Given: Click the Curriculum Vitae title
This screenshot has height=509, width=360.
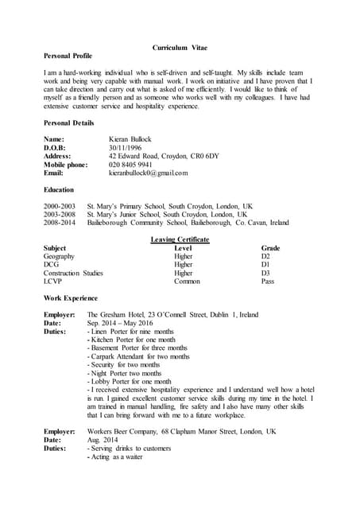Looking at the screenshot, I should (x=180, y=48).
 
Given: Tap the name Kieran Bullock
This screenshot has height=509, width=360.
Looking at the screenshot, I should (x=130, y=139).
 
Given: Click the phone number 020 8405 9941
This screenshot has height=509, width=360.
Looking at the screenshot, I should (x=130, y=165).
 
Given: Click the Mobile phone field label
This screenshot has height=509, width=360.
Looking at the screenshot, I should (x=65, y=165).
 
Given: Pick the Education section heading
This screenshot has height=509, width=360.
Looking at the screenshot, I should (x=59, y=190).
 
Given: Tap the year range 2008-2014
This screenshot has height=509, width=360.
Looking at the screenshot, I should (x=60, y=223).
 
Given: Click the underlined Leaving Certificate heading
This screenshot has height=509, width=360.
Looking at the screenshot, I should (x=180, y=239).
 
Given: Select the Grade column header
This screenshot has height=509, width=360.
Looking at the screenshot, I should (x=270, y=248).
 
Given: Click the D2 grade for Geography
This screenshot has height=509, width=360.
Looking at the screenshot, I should (x=265, y=257).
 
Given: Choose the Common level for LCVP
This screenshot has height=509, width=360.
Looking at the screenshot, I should (x=187, y=282).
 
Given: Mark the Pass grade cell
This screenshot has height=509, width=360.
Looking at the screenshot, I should (x=268, y=282).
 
